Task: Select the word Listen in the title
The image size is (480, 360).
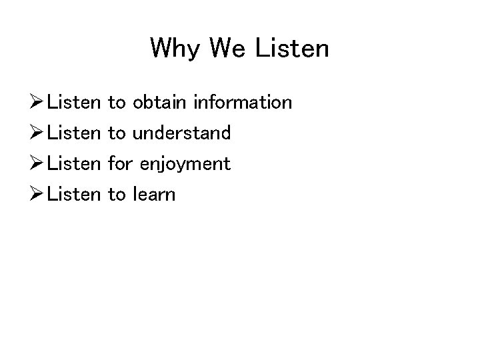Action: pyautogui.click(x=294, y=49)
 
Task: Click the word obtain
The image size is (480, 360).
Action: pyautogui.click(x=160, y=103)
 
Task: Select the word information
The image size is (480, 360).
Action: pyautogui.click(x=242, y=103)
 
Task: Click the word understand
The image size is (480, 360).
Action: pyautogui.click(x=181, y=133)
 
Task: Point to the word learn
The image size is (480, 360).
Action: pyautogui.click(x=153, y=195)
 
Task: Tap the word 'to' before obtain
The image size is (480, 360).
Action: pyautogui.click(x=116, y=103)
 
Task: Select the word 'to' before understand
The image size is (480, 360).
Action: pyautogui.click(x=116, y=133)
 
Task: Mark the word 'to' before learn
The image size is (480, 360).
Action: pyautogui.click(x=116, y=195)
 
